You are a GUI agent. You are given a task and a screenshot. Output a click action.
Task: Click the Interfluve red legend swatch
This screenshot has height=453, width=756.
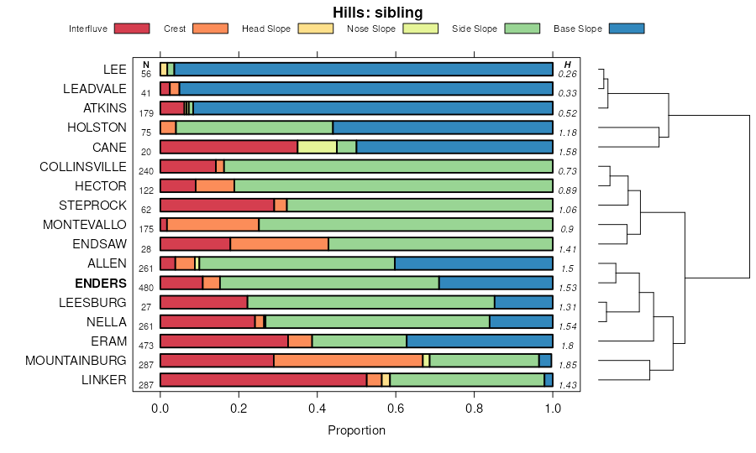[x=132, y=29]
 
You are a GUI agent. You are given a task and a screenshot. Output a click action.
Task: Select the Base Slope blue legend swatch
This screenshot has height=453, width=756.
[x=626, y=29]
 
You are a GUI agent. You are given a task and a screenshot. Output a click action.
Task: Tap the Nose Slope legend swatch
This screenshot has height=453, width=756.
[x=420, y=29]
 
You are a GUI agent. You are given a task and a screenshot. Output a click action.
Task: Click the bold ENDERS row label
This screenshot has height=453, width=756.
[x=100, y=283]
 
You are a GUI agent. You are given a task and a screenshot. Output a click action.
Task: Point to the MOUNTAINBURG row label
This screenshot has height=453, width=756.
[x=76, y=361]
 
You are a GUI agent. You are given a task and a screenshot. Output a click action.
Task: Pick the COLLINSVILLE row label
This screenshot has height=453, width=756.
[x=83, y=166]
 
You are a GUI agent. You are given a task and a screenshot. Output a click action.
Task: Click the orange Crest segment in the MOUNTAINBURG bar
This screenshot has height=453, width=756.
[x=348, y=361]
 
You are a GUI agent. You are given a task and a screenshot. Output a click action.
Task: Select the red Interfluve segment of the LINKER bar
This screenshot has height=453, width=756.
[x=263, y=380]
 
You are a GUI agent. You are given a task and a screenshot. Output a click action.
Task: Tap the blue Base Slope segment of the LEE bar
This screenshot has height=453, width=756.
[x=363, y=69]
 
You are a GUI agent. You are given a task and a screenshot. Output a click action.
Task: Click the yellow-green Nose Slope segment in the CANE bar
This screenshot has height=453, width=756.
[x=317, y=147]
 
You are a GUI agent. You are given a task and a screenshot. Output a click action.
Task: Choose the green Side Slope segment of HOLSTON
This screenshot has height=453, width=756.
[x=254, y=128]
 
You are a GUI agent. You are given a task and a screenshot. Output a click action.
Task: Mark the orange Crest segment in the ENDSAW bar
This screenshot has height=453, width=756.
[x=279, y=244]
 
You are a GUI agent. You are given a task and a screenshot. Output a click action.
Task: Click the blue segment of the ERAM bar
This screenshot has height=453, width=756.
[x=479, y=341]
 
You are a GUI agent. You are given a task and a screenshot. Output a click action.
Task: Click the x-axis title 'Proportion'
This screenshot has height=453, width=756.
[x=356, y=430]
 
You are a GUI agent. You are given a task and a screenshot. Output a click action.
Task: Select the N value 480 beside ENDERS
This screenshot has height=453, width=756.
[x=146, y=288]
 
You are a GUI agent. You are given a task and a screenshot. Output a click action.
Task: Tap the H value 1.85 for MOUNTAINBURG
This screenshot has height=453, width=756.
[x=568, y=366]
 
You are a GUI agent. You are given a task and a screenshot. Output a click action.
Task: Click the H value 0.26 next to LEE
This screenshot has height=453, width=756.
[x=568, y=74]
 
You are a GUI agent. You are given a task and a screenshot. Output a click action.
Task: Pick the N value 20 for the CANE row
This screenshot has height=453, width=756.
[x=146, y=152]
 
